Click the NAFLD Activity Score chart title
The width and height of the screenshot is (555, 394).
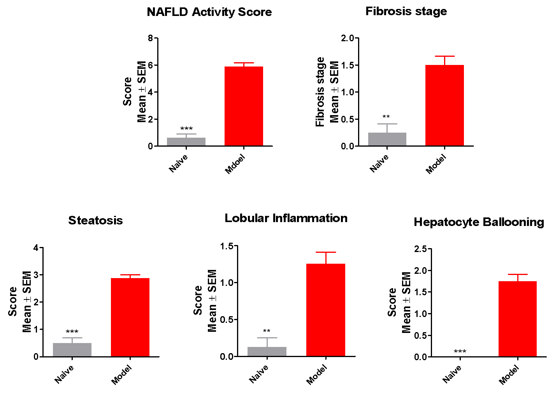click(209, 12)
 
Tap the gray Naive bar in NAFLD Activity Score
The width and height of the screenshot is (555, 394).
click(186, 142)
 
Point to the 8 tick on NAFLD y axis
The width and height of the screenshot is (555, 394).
click(151, 38)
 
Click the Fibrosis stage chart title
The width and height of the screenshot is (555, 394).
click(406, 11)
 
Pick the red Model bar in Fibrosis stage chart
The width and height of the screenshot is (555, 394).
click(444, 105)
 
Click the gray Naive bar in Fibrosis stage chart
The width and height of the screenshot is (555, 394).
click(387, 139)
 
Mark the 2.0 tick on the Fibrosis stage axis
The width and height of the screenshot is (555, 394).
click(348, 38)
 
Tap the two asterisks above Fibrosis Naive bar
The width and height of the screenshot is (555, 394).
click(386, 117)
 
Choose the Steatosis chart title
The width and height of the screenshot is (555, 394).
click(95, 221)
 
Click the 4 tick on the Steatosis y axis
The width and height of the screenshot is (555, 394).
click(36, 248)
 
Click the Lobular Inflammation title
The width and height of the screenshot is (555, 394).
click(286, 218)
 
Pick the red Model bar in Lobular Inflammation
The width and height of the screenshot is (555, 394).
click(325, 310)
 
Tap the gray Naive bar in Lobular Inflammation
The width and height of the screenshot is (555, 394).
click(267, 352)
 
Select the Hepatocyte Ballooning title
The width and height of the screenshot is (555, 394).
click(479, 222)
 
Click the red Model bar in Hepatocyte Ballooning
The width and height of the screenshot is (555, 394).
click(517, 319)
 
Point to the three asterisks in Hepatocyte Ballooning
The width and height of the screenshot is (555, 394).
click(460, 352)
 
